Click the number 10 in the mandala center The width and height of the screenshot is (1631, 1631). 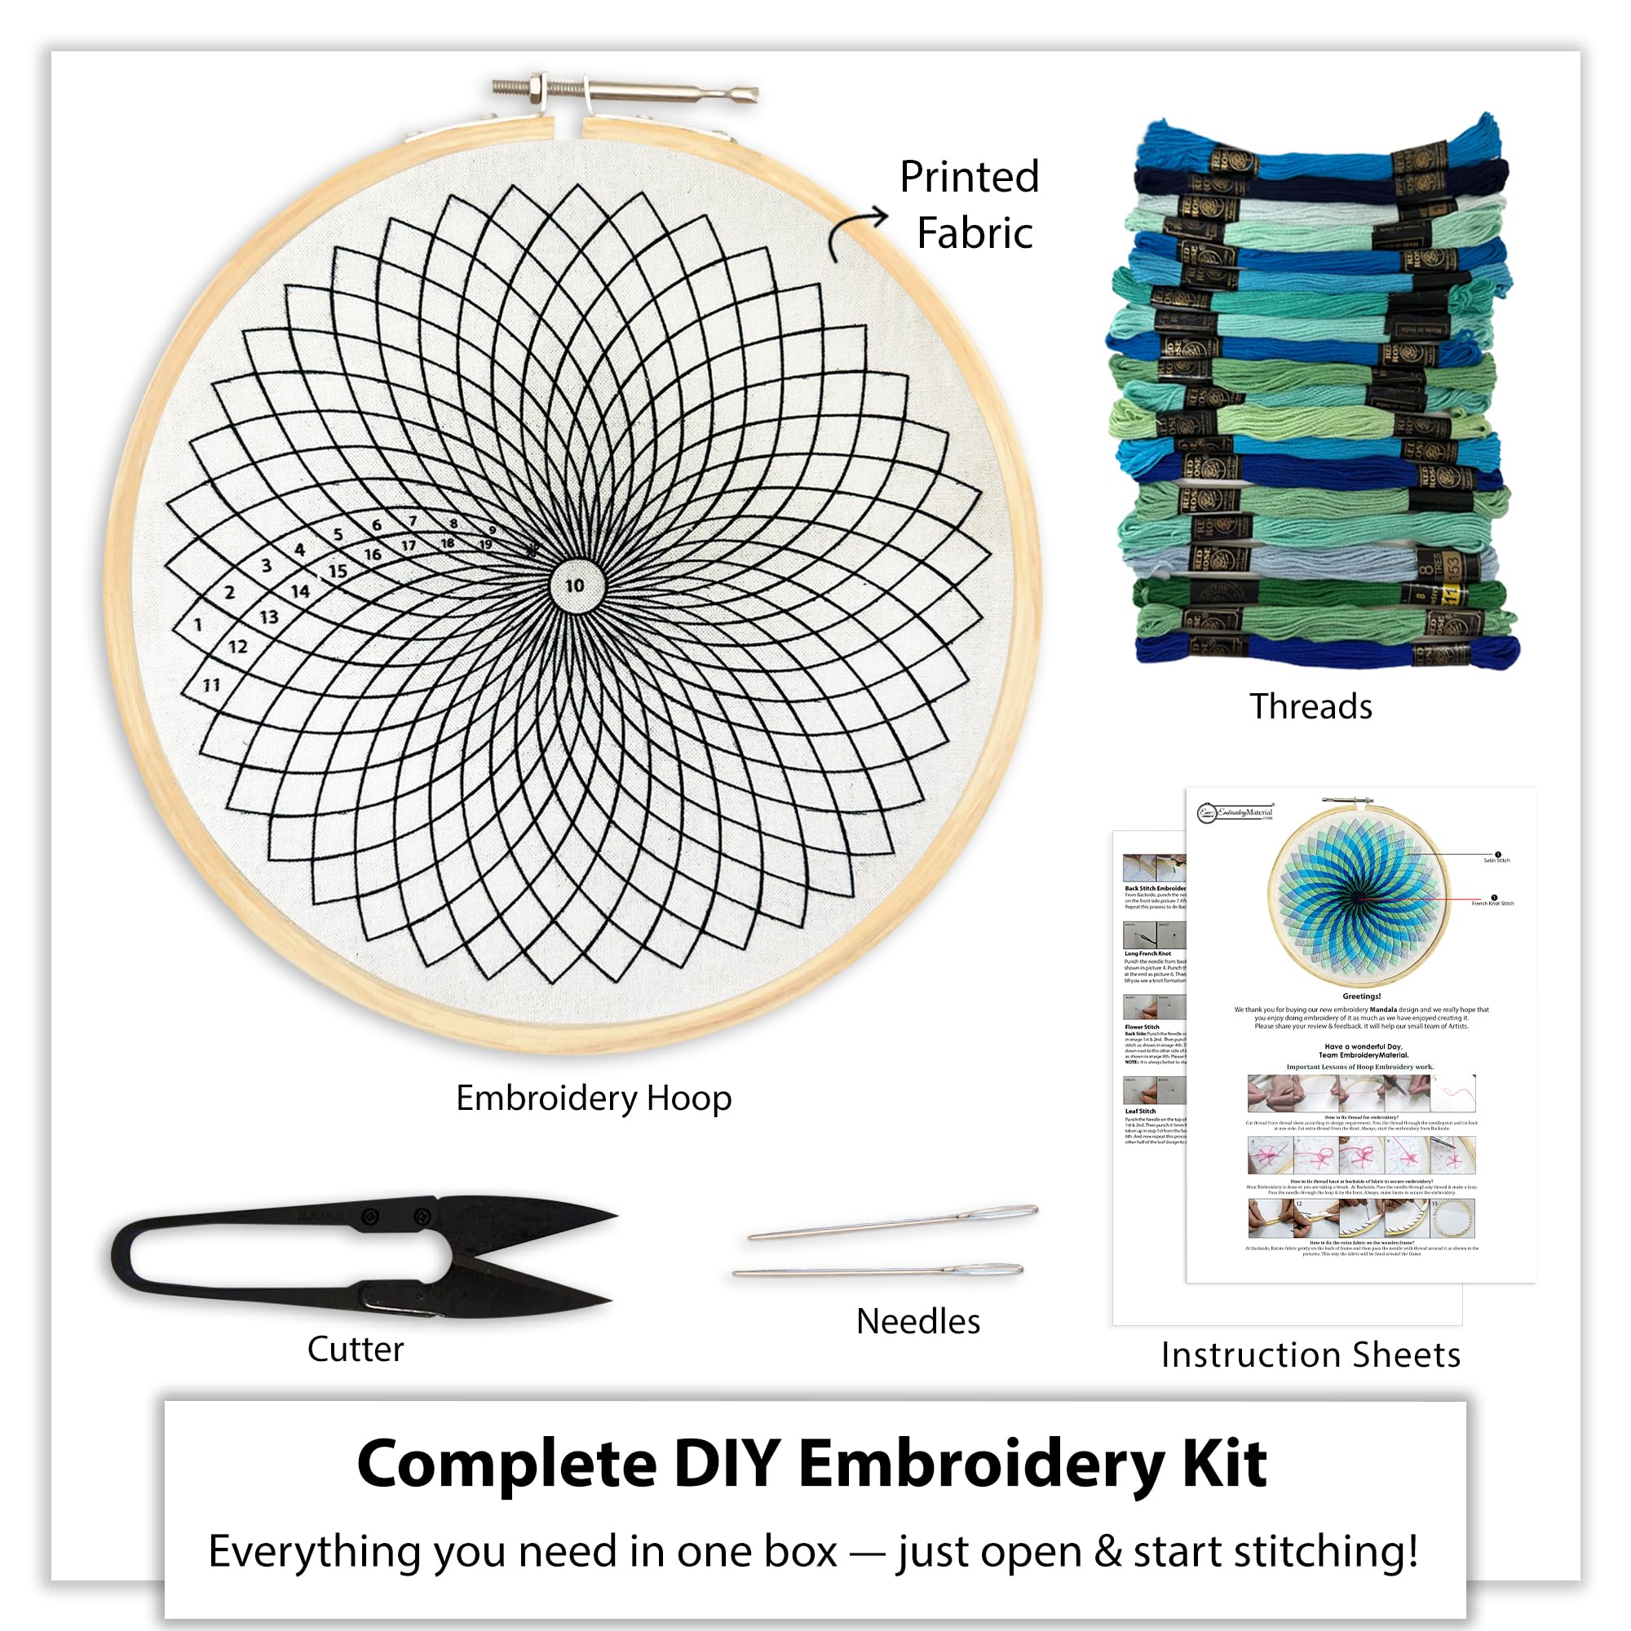pos(575,585)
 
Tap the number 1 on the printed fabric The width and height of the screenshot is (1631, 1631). pos(197,625)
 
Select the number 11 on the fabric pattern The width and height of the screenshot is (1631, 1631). pos(211,686)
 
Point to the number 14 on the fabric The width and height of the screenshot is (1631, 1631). pos(299,592)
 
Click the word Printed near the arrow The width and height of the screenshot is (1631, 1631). pos(968,178)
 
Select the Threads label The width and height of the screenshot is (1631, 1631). pos(1311,706)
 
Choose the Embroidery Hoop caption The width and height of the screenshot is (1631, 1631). pos(594,1098)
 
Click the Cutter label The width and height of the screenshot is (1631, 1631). pos(356,1349)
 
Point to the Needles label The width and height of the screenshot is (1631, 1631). pos(917,1321)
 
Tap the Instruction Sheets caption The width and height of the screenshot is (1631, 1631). pos(1311,1355)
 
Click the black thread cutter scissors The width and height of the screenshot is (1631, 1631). pos(363,1256)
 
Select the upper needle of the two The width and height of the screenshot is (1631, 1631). pos(893,1223)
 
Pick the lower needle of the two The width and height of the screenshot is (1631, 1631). pos(878,1271)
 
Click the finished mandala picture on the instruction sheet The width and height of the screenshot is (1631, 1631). pos(1358,896)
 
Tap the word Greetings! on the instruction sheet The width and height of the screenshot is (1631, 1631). pos(1361,997)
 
